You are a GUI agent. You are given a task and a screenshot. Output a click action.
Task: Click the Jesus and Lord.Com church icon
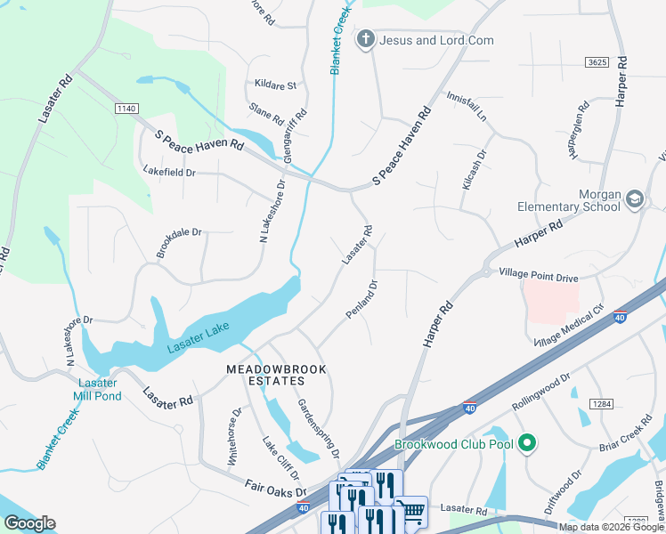(364, 40)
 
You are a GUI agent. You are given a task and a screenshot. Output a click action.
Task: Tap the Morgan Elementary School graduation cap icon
(634, 198)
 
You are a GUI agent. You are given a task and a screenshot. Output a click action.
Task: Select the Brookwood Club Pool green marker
(526, 442)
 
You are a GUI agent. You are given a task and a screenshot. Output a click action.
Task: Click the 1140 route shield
(127, 108)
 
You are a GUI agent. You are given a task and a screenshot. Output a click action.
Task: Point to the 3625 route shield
(597, 62)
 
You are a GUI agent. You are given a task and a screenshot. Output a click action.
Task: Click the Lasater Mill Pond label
(97, 389)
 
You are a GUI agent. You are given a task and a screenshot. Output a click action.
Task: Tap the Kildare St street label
(274, 85)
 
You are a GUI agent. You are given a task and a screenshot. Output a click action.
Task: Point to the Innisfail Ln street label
(467, 106)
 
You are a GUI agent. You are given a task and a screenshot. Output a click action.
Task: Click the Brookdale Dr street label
(179, 243)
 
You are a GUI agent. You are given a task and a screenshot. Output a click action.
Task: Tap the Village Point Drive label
(538, 277)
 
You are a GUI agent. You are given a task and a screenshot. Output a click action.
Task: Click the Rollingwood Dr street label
(540, 392)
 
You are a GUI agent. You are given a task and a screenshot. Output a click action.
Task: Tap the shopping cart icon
(410, 512)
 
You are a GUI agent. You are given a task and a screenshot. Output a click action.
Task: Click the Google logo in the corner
(29, 523)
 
